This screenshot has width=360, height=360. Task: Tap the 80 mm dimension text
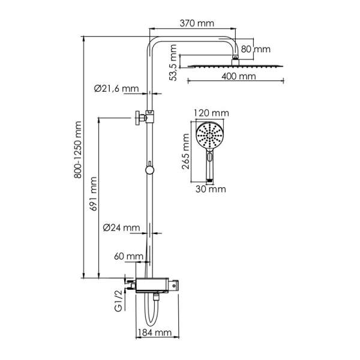point(256,49)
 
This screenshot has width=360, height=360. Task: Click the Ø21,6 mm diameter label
point(116,89)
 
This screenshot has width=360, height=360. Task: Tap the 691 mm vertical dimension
point(92,194)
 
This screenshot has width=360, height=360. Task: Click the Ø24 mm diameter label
point(121,227)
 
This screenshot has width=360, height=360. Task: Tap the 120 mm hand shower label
point(212,112)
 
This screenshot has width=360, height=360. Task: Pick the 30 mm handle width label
point(210,190)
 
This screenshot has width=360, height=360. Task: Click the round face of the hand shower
point(210,136)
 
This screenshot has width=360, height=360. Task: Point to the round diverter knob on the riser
point(149,170)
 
